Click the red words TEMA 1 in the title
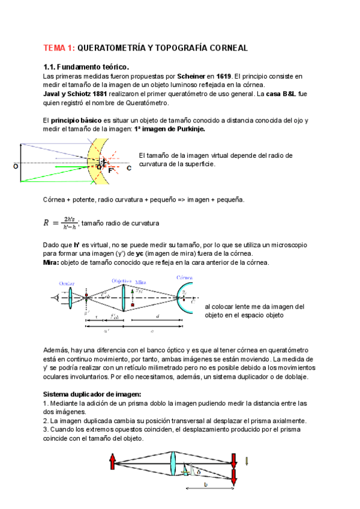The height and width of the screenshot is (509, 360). tap(59, 47)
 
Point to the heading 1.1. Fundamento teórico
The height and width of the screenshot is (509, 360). tap(86, 67)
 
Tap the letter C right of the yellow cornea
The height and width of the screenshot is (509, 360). tap(128, 168)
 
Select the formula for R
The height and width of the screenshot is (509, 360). tap(61, 223)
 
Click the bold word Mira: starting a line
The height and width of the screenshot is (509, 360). tap(52, 262)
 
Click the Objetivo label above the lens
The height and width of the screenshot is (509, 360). tap(122, 280)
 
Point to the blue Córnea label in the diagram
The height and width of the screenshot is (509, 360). tap(184, 278)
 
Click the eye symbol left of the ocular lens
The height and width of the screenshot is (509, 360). tap(55, 297)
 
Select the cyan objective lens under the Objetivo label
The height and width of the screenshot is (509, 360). tap(123, 297)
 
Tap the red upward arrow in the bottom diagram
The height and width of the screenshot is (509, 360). tap(112, 462)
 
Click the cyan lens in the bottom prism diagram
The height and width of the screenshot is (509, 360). tap(172, 466)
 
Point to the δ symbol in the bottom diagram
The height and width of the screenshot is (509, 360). tap(199, 471)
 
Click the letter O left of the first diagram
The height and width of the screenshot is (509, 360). tap(15, 166)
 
